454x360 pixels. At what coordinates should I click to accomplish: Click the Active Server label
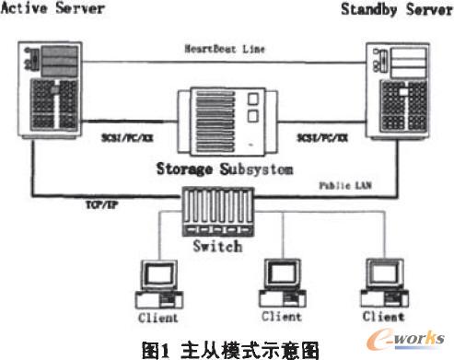click(x=52, y=10)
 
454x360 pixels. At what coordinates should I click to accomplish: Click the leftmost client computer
click(x=157, y=282)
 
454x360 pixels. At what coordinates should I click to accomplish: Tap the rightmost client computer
click(x=381, y=280)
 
